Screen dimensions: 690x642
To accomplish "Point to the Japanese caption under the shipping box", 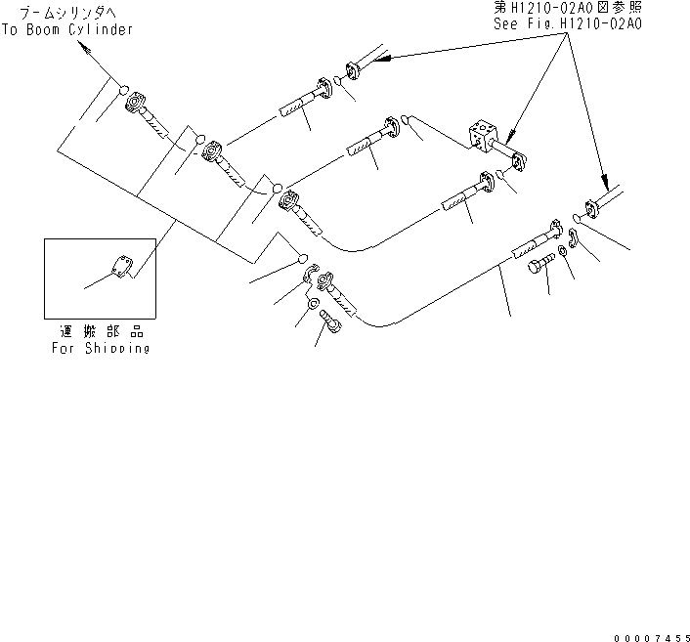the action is [101, 331].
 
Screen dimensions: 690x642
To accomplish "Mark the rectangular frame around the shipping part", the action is [99, 278].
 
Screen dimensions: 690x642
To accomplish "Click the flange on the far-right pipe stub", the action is [591, 209].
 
